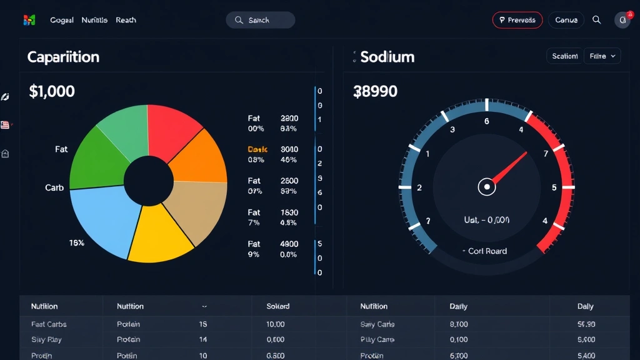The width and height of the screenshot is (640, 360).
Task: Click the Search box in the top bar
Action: click(260, 20)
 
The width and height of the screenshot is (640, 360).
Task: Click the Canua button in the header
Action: click(566, 20)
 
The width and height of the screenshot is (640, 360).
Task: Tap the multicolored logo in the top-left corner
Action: click(29, 20)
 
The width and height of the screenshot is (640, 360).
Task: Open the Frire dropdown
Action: click(602, 56)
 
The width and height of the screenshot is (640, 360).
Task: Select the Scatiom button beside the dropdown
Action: click(564, 56)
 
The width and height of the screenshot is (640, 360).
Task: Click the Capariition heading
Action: click(63, 57)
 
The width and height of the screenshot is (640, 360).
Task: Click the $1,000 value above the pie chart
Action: click(52, 91)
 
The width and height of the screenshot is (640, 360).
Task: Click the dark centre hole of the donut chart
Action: click(148, 182)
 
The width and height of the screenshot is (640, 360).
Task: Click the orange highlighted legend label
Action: click(257, 149)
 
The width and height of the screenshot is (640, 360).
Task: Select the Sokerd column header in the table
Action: click(278, 306)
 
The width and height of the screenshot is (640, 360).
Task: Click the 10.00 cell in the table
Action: click(275, 324)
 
